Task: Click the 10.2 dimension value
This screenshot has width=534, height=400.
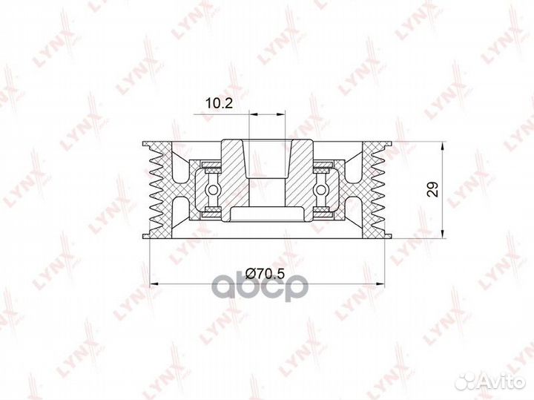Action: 219,102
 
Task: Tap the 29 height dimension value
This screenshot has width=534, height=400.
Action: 433,190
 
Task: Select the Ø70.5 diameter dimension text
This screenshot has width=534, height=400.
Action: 265,273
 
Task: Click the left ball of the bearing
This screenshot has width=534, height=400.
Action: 213,189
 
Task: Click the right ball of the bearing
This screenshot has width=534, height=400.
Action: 321,189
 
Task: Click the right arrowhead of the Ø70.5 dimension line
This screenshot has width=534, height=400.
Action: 380,283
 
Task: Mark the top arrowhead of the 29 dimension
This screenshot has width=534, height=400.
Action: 442,146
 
